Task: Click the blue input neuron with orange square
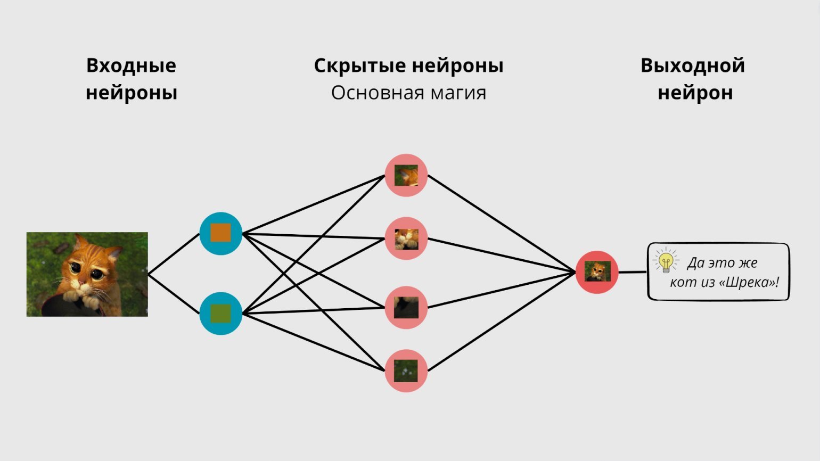(220, 233)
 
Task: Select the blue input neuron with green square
(220, 313)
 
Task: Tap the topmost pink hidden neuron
(406, 175)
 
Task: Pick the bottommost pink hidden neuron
(406, 371)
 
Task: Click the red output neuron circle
(597, 272)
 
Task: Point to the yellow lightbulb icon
(666, 261)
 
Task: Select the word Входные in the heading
(131, 65)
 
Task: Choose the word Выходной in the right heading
(692, 65)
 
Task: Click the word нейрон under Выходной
(695, 93)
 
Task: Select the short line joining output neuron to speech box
(633, 272)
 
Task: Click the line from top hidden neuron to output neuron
(501, 223)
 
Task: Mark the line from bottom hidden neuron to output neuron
(501, 322)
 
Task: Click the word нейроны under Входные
(131, 93)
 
